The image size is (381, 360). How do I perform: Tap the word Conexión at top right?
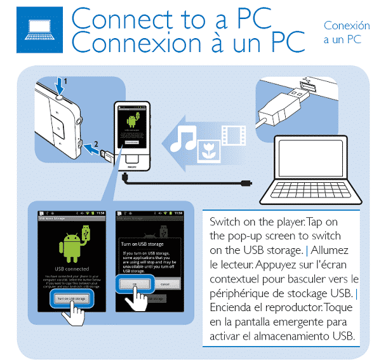346,26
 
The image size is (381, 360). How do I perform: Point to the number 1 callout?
65,81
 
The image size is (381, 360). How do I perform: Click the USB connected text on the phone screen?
70,268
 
